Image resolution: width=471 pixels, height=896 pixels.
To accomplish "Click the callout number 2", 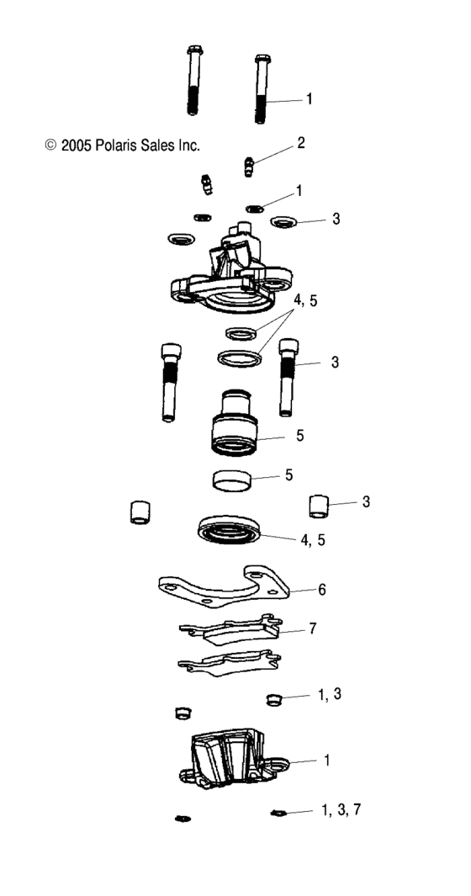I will pyautogui.click(x=299, y=143).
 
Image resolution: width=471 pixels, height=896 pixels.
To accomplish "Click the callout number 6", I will pyautogui.click(x=321, y=590).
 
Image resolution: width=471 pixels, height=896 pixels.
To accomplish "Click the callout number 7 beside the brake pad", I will pyautogui.click(x=312, y=628).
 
